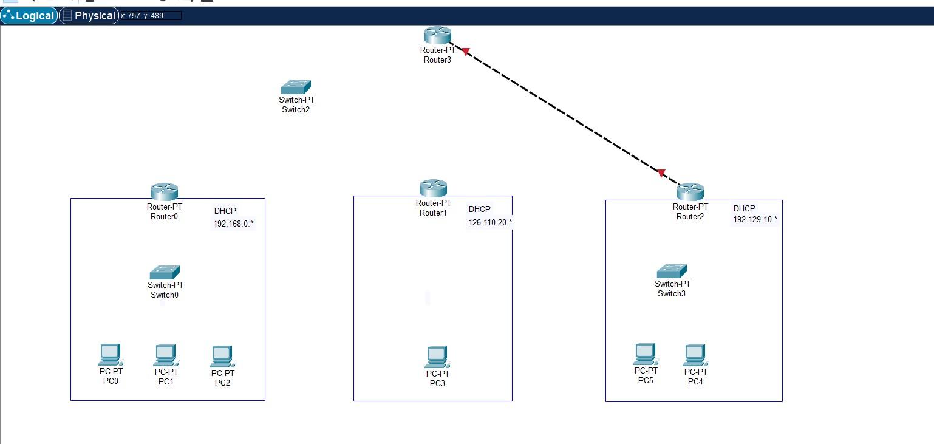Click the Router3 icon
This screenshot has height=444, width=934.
(437, 36)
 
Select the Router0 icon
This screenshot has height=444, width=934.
(164, 192)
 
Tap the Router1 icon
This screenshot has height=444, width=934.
(434, 188)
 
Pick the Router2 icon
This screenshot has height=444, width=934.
(690, 192)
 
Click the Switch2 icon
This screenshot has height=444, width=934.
(296, 87)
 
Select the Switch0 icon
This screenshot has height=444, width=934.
(165, 272)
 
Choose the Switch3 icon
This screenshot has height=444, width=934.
(672, 271)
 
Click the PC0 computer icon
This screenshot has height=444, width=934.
(110, 355)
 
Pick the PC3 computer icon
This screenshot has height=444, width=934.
(437, 357)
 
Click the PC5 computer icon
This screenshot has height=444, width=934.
(646, 354)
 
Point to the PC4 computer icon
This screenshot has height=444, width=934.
(695, 355)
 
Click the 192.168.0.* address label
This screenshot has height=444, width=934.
(233, 224)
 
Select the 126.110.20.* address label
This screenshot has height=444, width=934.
(489, 222)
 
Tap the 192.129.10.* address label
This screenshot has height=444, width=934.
(754, 219)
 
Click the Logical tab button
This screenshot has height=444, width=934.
(29, 16)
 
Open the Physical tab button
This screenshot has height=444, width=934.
(89, 16)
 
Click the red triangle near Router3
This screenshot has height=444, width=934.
(466, 52)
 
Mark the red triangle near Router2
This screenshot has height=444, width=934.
(661, 173)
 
